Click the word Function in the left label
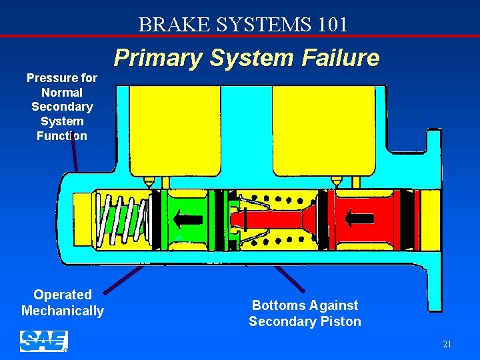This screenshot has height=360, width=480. point(62,136)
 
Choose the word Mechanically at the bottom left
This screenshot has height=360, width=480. point(63,311)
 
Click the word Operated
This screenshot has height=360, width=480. point(63,295)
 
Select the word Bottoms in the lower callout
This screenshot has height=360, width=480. point(272,305)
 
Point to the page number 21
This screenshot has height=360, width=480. point(447,345)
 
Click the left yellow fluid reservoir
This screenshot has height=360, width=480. point(174,130)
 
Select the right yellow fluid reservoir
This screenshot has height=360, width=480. point(322,130)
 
